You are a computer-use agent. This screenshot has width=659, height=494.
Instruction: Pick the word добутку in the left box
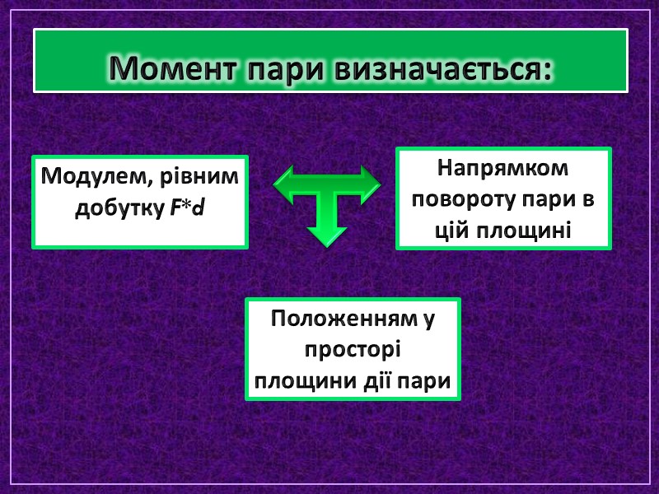click(120, 209)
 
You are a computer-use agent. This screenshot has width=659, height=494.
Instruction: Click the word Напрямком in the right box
click(503, 168)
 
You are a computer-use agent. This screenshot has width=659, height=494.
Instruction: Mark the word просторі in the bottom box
click(353, 350)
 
